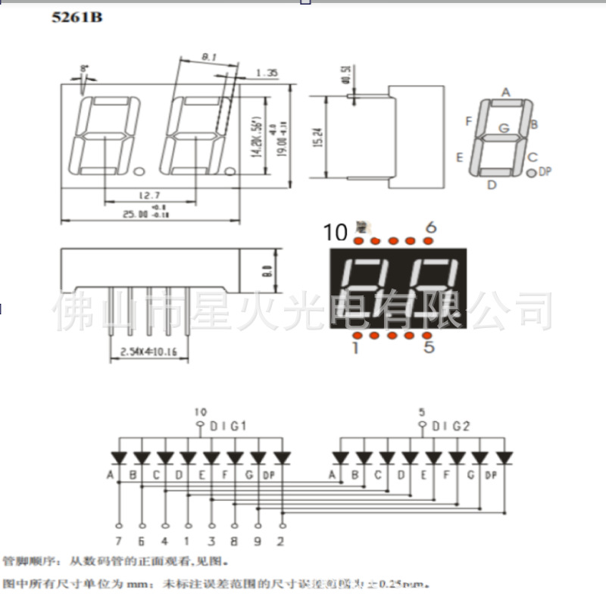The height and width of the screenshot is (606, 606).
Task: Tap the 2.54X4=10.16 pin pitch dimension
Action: (x=148, y=351)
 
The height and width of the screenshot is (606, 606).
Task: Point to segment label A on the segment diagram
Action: (x=506, y=92)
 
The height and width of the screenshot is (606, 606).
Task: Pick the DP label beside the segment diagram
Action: (x=545, y=172)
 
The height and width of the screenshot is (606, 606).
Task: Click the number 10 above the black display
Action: (x=336, y=233)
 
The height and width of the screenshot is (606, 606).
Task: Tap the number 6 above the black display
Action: (x=431, y=227)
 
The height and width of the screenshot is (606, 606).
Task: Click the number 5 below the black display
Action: (x=430, y=348)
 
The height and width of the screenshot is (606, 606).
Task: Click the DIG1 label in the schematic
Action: (x=228, y=426)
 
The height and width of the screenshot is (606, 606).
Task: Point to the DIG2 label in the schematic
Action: (x=451, y=426)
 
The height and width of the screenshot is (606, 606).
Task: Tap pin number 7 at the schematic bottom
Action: (x=120, y=541)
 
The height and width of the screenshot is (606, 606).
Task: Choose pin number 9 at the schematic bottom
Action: (x=259, y=541)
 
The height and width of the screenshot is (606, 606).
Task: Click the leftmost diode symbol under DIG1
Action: (x=119, y=458)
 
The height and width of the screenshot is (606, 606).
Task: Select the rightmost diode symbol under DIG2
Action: (x=504, y=458)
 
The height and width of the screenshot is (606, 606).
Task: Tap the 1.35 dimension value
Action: (x=267, y=73)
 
